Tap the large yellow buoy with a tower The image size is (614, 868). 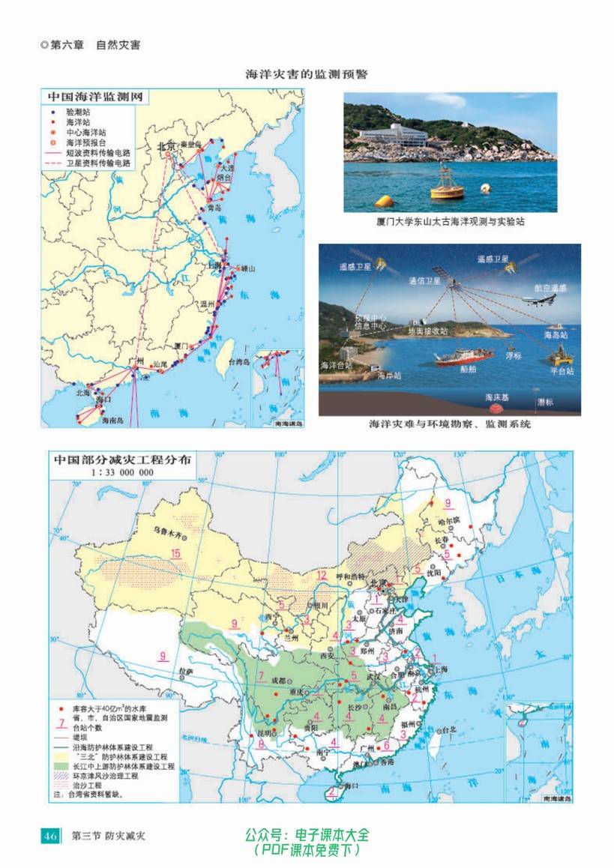(x=447, y=183)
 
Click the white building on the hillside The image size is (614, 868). (x=393, y=135)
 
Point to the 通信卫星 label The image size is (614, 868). (x=425, y=281)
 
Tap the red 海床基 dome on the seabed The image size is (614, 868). (x=496, y=409)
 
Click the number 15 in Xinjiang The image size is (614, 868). (x=176, y=554)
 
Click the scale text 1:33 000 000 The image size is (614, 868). (x=122, y=473)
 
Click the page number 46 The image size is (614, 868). (x=50, y=836)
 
